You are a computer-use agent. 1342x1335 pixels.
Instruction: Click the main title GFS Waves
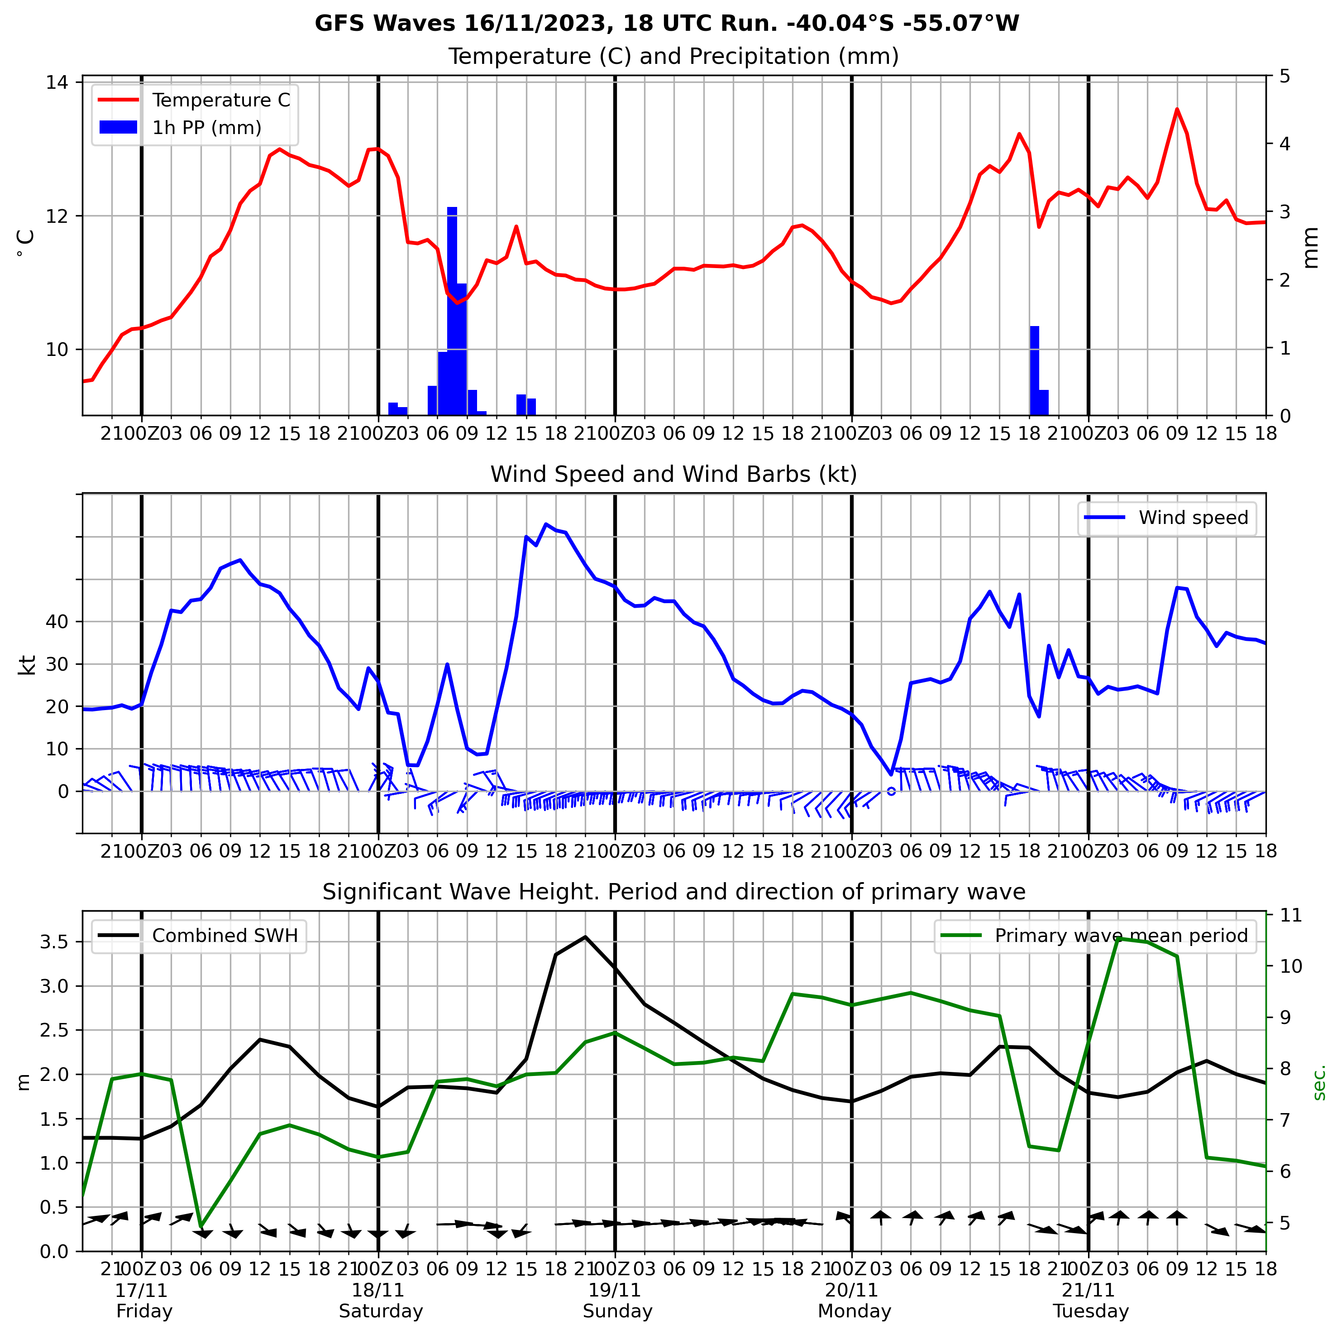click(x=667, y=23)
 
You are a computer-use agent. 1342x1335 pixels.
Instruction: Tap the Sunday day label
click(x=617, y=1311)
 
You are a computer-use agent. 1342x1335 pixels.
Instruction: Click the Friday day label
click(x=144, y=1311)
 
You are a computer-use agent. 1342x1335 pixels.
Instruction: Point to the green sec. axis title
click(x=1319, y=1081)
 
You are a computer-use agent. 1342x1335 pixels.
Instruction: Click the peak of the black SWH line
click(x=585, y=937)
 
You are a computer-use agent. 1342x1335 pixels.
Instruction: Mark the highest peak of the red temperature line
click(x=1177, y=109)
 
